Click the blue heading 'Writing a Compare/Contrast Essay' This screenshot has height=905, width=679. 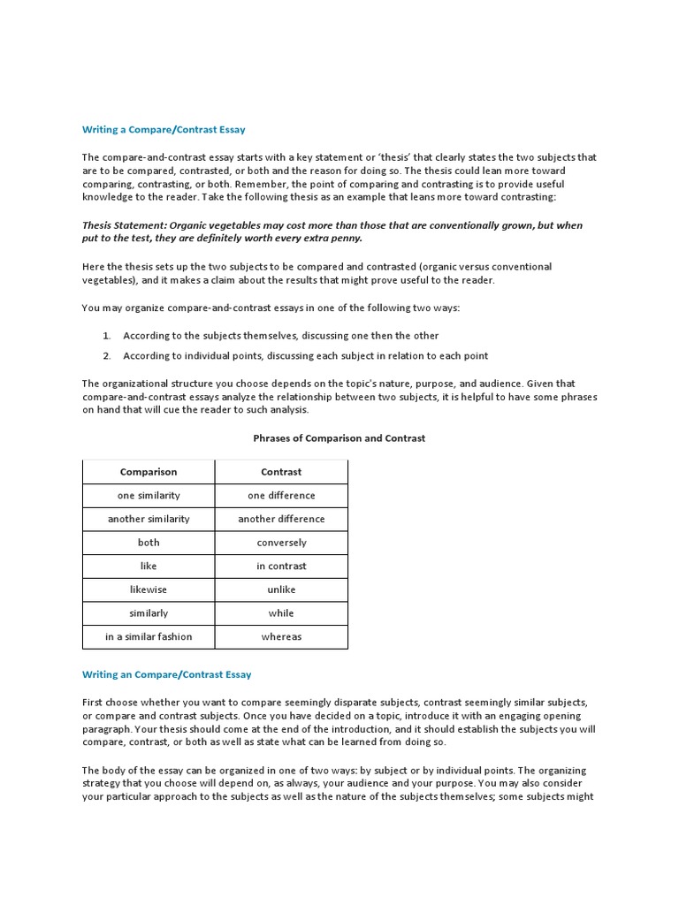[x=164, y=130]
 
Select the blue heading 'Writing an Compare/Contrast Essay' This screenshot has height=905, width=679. [x=166, y=674]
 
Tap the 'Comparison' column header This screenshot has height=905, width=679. [x=149, y=472]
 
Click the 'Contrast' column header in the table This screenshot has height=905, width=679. [x=281, y=472]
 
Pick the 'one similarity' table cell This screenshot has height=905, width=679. [x=149, y=496]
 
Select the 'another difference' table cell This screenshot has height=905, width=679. [x=281, y=519]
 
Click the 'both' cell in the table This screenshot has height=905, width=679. [x=149, y=543]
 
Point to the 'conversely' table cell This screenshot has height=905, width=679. [x=281, y=543]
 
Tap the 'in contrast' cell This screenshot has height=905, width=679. [x=281, y=567]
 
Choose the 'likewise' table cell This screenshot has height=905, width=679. [x=149, y=589]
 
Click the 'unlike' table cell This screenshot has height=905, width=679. [x=281, y=589]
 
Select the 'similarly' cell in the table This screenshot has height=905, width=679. [x=149, y=613]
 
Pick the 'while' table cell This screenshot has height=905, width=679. [x=281, y=613]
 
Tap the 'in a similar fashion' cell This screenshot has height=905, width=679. [x=149, y=636]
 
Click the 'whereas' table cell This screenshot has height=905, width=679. [x=281, y=636]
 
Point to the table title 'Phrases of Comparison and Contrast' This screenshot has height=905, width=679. [x=339, y=438]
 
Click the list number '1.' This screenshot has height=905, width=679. [x=106, y=336]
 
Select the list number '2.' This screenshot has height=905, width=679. [x=106, y=356]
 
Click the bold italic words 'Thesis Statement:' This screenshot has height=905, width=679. [x=123, y=225]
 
